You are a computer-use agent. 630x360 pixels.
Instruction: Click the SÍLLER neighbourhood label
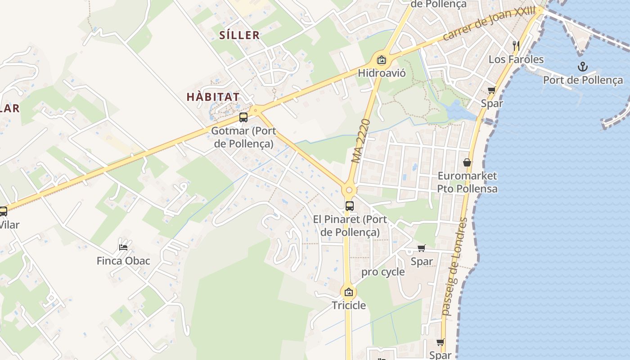(x=239, y=35)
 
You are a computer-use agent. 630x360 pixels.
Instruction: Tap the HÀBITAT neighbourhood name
(x=213, y=97)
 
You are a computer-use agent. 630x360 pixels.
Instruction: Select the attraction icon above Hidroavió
(x=382, y=59)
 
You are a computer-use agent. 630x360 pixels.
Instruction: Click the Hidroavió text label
(x=382, y=73)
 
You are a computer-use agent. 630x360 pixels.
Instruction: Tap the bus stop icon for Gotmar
(x=243, y=117)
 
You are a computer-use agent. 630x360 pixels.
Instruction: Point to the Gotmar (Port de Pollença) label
(x=243, y=137)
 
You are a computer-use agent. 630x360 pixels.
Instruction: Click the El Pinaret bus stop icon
(x=349, y=206)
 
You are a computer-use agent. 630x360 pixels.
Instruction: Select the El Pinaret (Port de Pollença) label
(x=350, y=226)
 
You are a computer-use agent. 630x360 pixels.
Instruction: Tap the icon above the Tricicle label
(x=348, y=292)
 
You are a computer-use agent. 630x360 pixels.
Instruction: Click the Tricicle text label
(x=349, y=306)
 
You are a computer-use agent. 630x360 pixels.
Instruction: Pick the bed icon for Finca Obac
(x=123, y=247)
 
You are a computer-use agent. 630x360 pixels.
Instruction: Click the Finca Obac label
(x=123, y=261)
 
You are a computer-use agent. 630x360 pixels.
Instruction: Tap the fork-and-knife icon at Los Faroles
(x=516, y=45)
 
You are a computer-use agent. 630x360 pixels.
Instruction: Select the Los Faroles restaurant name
(x=516, y=59)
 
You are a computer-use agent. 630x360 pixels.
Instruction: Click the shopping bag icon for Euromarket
(x=467, y=162)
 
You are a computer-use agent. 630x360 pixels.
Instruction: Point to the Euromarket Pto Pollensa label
(x=468, y=182)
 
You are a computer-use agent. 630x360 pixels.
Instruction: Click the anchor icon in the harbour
(x=583, y=67)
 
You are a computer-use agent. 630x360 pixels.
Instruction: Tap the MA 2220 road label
(x=361, y=141)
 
